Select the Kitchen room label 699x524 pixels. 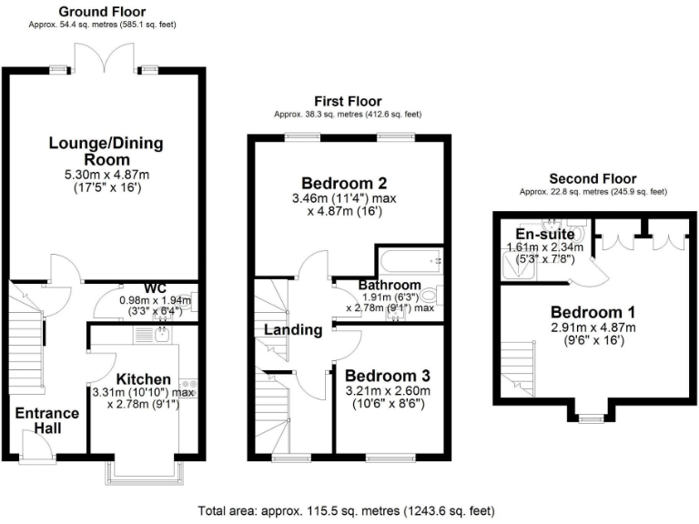143,379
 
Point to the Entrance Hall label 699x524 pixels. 46,420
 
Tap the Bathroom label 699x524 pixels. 389,285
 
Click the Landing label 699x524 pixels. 294,330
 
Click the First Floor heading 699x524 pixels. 349,101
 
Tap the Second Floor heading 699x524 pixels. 593,178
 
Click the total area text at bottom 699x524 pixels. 349,511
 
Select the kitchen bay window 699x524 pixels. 143,474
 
